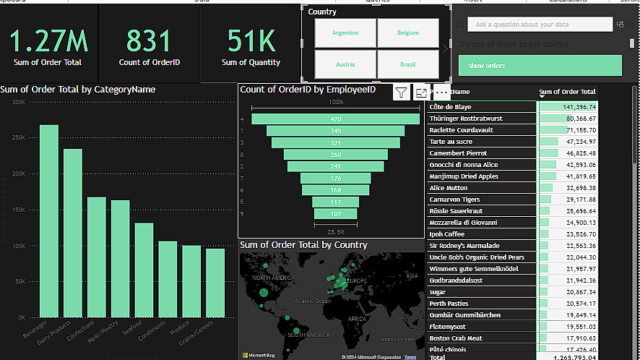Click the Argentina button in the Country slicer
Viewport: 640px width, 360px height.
point(345,33)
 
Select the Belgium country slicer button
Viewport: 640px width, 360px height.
point(408,33)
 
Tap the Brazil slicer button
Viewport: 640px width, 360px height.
point(408,64)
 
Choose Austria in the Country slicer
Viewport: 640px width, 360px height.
point(345,64)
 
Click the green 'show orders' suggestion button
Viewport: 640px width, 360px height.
point(540,66)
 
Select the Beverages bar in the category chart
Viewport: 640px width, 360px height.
point(49,220)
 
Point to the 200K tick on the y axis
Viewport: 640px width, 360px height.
point(17,173)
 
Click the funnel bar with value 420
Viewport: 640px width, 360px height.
point(335,119)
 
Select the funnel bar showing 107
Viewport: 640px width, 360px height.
point(335,214)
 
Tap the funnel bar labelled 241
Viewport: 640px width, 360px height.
point(335,166)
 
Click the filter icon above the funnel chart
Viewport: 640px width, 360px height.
point(402,92)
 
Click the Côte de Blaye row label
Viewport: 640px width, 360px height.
point(450,107)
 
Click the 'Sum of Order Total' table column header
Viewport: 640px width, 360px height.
point(568,92)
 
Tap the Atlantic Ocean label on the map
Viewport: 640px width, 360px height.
point(312,300)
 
